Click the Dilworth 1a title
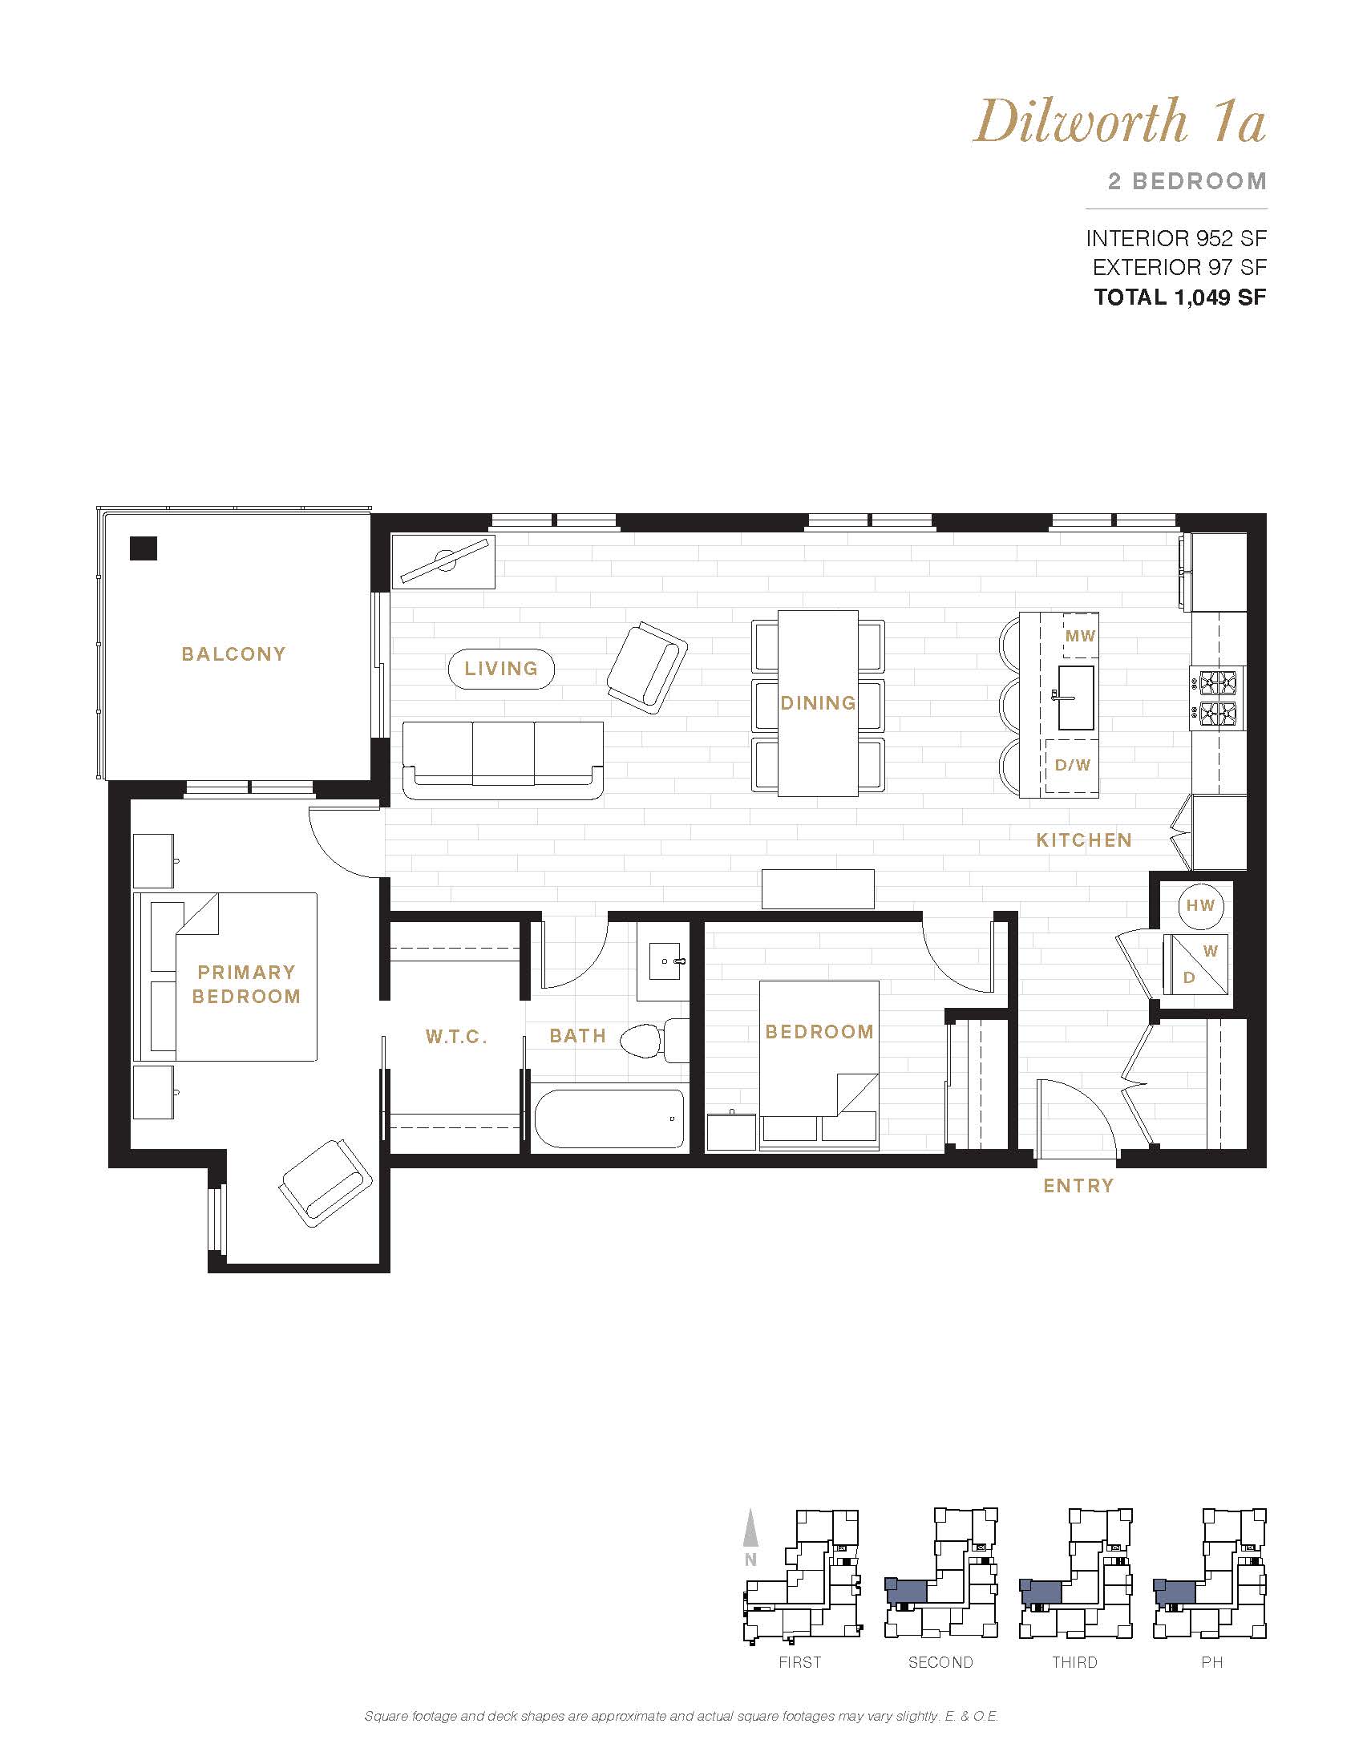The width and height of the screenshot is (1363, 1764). click(x=1119, y=121)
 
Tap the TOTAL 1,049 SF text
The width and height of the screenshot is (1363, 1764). click(x=1179, y=297)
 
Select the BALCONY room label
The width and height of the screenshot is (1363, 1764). click(x=233, y=654)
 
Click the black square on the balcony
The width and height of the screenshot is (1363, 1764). click(x=144, y=548)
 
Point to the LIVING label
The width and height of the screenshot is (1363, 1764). click(x=500, y=669)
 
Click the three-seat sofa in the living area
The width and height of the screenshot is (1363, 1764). click(x=503, y=761)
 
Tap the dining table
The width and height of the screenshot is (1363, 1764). click(x=818, y=703)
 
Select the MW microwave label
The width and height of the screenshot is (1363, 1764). click(x=1081, y=636)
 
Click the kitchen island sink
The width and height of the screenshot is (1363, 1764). click(x=1075, y=698)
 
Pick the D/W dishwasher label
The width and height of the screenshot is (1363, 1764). click(x=1072, y=765)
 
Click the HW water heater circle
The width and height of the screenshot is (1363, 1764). click(x=1201, y=905)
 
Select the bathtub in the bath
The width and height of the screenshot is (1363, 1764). click(x=609, y=1119)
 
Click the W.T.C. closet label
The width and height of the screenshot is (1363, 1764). click(x=456, y=1037)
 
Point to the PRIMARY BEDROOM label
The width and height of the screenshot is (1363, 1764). click(x=246, y=984)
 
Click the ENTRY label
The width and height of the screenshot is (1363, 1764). click(x=1078, y=1186)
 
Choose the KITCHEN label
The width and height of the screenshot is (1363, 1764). click(x=1084, y=840)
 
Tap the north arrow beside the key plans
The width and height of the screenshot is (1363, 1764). click(x=751, y=1527)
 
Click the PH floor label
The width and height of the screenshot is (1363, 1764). click(x=1212, y=1662)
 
